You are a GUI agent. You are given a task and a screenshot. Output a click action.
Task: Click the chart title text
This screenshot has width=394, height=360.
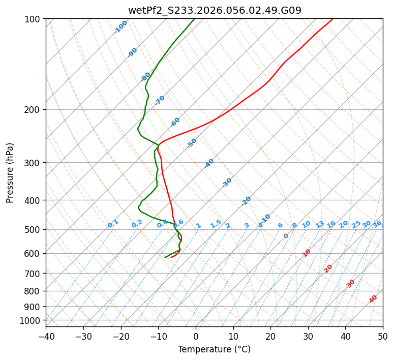[214, 10]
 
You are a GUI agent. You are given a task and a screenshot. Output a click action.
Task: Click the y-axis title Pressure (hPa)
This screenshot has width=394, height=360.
[10, 173]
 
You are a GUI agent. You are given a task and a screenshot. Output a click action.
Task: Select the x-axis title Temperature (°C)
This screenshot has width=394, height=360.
[214, 349]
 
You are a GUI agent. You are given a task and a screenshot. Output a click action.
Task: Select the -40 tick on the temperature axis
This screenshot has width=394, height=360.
[46, 336]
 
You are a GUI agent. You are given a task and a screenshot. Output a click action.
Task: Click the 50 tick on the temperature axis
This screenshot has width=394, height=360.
[383, 336]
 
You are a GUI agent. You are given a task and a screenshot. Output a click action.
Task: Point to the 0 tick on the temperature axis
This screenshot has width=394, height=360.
[196, 336]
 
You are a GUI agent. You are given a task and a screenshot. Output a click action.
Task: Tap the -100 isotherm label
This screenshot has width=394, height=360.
[120, 27]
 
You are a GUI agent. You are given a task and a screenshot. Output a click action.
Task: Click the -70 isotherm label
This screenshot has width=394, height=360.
[160, 100]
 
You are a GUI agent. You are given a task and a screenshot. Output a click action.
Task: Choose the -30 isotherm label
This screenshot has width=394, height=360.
[227, 183]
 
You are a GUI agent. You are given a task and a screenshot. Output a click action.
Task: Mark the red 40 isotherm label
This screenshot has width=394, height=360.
[373, 299]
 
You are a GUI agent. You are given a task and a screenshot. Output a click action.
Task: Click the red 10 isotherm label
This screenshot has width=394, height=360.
[307, 253]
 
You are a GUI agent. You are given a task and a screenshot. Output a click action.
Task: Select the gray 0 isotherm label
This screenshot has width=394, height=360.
[286, 236]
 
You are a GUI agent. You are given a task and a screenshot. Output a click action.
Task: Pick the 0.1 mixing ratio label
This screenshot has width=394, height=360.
[113, 224]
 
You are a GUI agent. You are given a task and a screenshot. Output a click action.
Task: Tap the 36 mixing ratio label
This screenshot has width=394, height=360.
[377, 224]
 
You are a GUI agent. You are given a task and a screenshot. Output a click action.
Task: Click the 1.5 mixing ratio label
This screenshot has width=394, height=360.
[216, 224]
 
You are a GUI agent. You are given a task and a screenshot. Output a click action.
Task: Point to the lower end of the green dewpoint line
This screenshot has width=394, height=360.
[165, 257]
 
